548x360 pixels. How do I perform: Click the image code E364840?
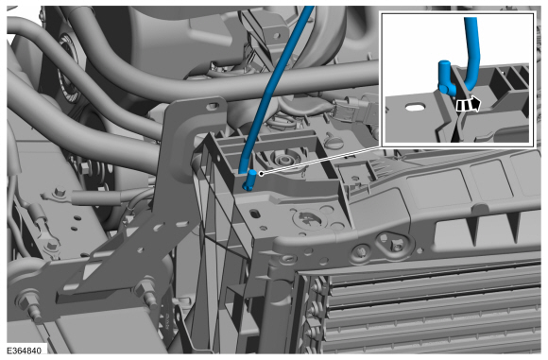coord(25,351)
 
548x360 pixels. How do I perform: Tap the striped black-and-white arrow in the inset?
coord(469,105)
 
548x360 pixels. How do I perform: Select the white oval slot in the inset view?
coord(415,107)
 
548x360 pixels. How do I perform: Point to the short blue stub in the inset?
coord(446,77)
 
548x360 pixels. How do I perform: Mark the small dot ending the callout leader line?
coord(261,173)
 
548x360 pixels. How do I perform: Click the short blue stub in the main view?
coord(250,180)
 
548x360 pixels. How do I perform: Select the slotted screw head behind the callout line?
coord(332,142)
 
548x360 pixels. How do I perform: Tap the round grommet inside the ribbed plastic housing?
coord(283,161)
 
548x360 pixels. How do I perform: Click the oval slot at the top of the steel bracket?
coord(213,105)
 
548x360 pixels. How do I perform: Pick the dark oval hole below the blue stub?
coord(255,213)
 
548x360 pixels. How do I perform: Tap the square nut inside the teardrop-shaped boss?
coord(397,245)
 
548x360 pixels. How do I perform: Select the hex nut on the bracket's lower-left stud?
coord(26,299)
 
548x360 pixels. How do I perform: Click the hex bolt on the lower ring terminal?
coord(53,246)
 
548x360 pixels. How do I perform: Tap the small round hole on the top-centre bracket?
coord(277,35)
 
